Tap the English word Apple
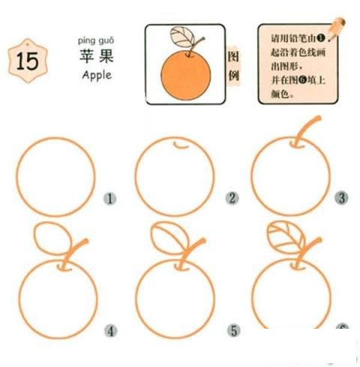pos(96,75)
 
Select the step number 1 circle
pos(110,199)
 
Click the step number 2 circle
pos(232,199)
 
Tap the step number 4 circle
pos(110,330)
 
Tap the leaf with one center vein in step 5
pos(166,239)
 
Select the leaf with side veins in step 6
pos(285,237)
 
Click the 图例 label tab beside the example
pos(234,67)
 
